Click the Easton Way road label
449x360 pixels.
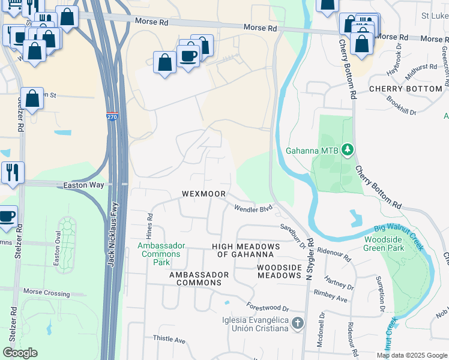(x=83, y=186)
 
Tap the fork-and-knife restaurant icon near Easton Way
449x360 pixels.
(x=12, y=172)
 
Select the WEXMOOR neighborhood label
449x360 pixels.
(x=204, y=194)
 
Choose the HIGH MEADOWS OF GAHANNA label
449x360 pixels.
(x=246, y=251)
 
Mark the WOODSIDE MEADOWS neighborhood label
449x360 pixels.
(x=279, y=271)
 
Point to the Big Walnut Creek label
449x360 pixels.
(x=399, y=237)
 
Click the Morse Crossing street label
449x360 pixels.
(x=46, y=292)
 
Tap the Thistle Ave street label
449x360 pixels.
(x=170, y=340)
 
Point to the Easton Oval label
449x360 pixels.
(x=59, y=258)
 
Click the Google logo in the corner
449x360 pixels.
(x=20, y=353)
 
